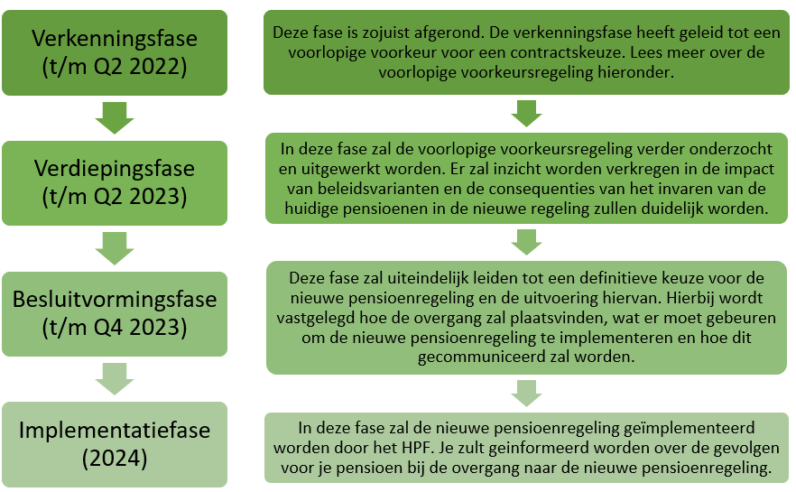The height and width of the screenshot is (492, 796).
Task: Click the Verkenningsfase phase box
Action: tap(115, 52)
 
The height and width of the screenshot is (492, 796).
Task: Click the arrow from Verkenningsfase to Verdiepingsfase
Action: tap(115, 117)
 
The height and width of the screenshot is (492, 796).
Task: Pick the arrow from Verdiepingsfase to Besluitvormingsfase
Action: tap(115, 248)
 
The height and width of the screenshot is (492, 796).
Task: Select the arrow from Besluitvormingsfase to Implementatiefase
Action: tap(115, 378)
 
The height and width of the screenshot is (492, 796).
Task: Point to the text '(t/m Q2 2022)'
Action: tap(115, 68)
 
